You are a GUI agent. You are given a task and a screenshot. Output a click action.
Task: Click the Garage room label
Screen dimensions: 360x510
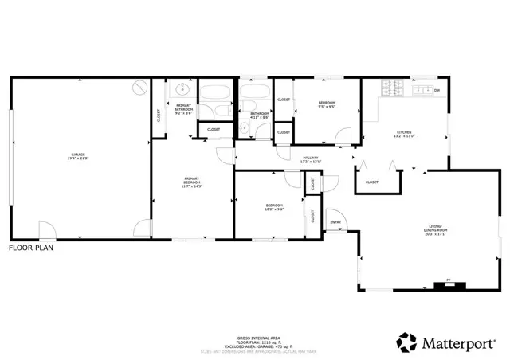(x=77, y=155)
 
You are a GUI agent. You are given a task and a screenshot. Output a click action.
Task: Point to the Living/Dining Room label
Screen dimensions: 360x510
(x=434, y=231)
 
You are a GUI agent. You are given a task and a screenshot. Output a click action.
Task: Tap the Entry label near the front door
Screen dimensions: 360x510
(x=335, y=221)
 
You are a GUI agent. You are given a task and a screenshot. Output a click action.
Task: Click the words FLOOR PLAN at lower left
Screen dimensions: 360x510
(x=31, y=248)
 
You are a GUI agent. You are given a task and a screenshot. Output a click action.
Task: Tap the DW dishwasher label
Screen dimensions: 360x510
(x=437, y=90)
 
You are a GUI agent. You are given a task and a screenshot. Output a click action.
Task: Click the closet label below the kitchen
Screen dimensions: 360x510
(x=372, y=182)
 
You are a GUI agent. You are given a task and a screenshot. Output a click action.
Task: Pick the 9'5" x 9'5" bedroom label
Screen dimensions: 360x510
(x=327, y=104)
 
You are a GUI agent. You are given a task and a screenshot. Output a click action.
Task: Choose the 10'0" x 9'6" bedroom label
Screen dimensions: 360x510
(x=274, y=208)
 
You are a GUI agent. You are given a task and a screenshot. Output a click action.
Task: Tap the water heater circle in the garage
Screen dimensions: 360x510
(x=140, y=86)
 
